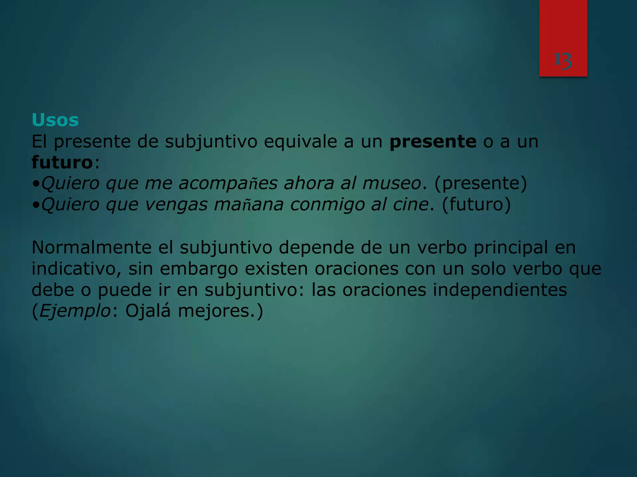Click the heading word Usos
tap(55, 120)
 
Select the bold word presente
tap(433, 142)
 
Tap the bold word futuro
tap(62, 162)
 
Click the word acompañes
tap(228, 183)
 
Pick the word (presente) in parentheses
tap(481, 183)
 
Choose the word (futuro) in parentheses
tap(476, 204)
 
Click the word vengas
tap(176, 205)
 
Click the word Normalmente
tap(91, 248)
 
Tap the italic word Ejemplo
tap(75, 311)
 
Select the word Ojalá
tap(148, 311)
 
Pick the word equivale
tap(300, 142)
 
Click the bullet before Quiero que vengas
tap(36, 205)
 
